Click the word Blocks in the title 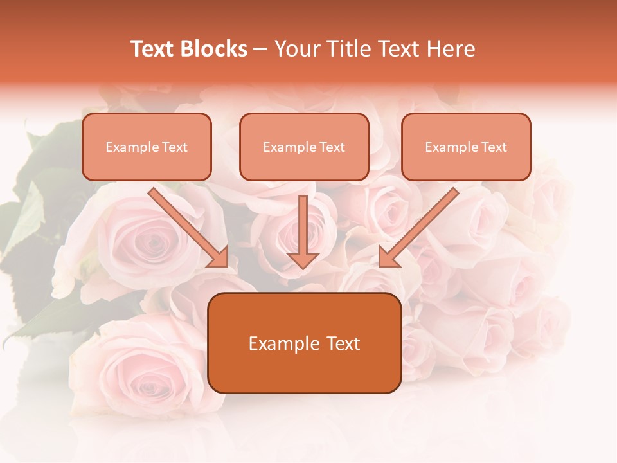[215, 49]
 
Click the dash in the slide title [260, 50]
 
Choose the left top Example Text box [147, 147]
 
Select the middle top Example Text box [304, 147]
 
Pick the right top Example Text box [466, 147]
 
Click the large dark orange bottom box [304, 343]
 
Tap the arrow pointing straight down [303, 232]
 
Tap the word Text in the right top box [494, 147]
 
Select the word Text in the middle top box [332, 147]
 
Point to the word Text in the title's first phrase [153, 49]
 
